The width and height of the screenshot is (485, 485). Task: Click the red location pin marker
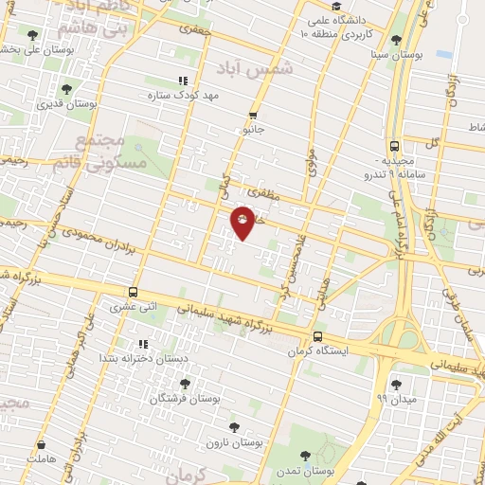(x=243, y=222)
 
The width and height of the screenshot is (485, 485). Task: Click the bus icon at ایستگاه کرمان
(x=316, y=336)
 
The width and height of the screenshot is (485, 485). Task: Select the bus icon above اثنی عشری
(x=132, y=293)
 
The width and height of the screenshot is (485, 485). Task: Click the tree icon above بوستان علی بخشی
(x=32, y=35)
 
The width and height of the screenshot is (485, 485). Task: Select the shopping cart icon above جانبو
(x=253, y=115)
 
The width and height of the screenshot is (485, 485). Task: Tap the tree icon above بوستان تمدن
(x=305, y=457)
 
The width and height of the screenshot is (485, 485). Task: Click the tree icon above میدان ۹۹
(x=396, y=383)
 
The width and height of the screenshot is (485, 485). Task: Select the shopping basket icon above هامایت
(x=42, y=444)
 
